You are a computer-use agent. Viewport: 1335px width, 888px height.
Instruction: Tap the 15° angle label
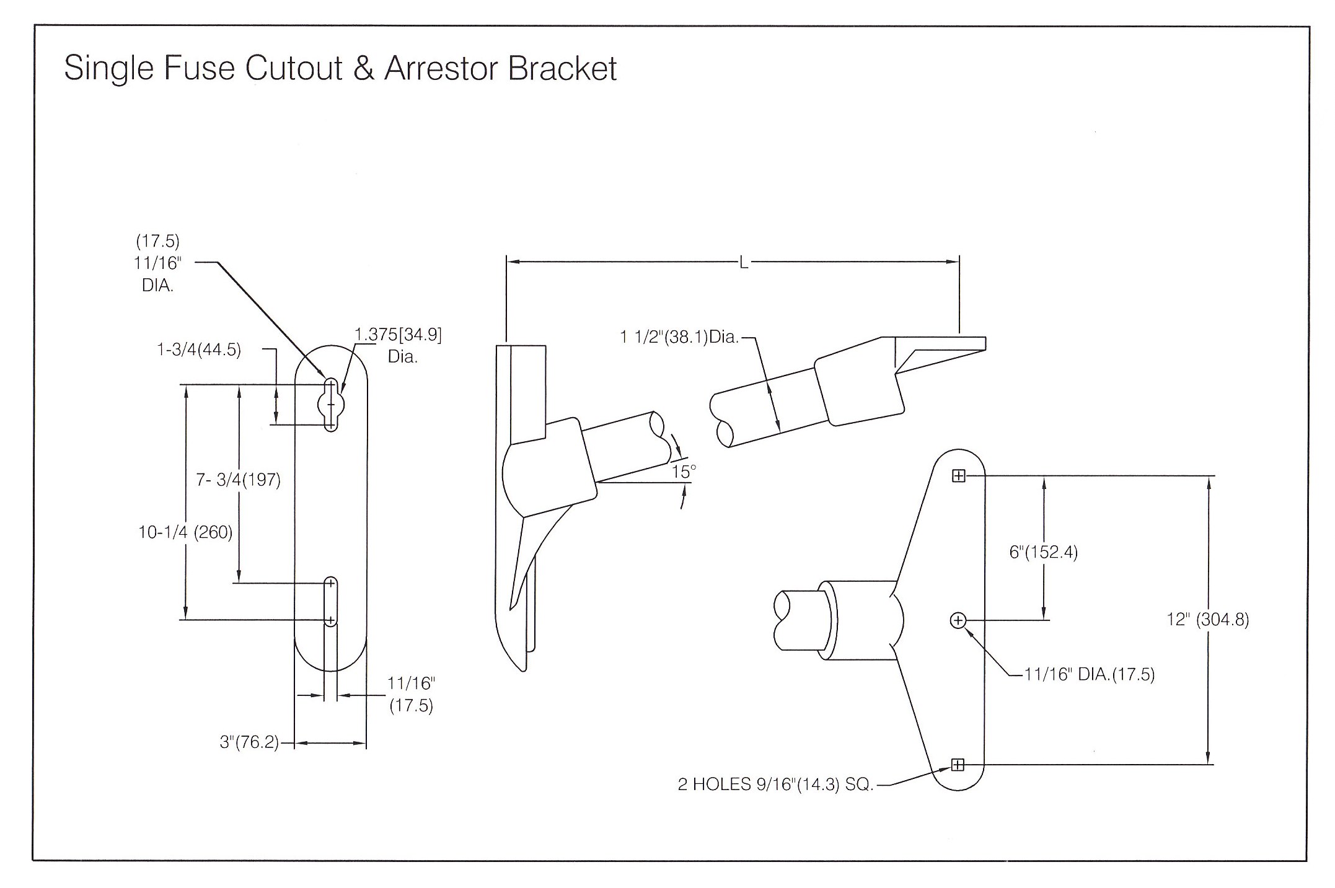coord(684,472)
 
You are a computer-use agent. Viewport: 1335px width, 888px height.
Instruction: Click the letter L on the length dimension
coord(743,263)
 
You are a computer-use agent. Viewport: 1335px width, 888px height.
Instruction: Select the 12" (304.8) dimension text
coord(1207,619)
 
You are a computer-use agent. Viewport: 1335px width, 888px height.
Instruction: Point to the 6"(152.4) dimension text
coord(1044,552)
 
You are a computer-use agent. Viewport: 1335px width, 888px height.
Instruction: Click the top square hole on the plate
coord(958,476)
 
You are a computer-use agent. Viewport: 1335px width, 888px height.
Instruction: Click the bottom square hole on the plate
coord(958,765)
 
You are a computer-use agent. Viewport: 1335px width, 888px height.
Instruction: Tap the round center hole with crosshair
coord(958,620)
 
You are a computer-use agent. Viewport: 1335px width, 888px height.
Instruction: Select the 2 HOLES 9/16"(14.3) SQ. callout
coord(775,785)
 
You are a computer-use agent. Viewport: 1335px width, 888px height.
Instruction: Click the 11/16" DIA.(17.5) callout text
coord(1090,674)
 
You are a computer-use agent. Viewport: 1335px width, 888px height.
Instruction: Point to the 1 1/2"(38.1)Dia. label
coord(679,337)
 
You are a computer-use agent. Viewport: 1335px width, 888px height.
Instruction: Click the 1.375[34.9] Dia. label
coord(399,345)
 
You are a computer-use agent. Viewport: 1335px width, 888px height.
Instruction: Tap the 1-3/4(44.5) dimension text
coord(199,349)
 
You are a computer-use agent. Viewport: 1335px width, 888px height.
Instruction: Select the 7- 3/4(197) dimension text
coord(239,480)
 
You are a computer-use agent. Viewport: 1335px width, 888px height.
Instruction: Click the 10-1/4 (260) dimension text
coord(185,532)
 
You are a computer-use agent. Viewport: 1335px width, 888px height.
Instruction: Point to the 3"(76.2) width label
coord(249,742)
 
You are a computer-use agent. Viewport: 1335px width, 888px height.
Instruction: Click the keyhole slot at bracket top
coord(331,405)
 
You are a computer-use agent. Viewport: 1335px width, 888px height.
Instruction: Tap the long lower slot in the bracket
coord(331,601)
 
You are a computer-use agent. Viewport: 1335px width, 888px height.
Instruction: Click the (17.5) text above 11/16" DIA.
coord(157,240)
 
